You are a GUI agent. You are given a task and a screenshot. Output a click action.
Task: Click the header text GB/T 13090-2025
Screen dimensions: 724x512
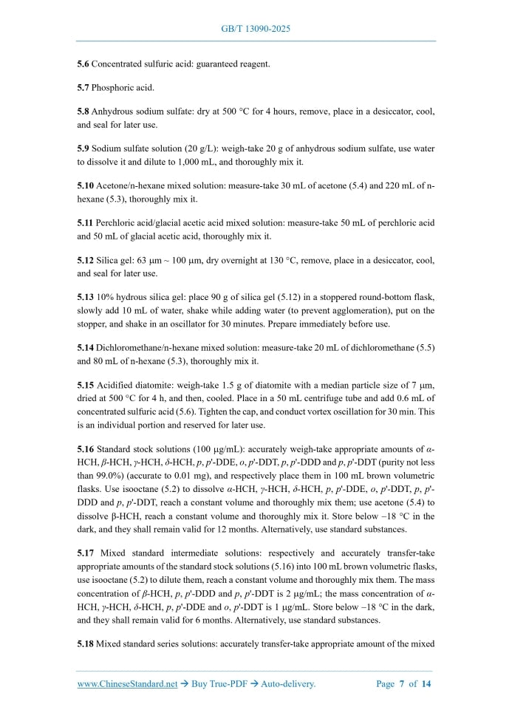point(256,29)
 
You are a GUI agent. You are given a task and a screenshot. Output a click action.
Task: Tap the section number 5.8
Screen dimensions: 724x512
point(83,112)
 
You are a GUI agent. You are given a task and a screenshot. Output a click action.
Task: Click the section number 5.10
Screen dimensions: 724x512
point(86,186)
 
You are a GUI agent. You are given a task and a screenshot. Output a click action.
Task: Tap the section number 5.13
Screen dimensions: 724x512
point(86,298)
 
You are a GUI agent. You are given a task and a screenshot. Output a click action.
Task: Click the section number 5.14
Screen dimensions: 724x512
point(86,349)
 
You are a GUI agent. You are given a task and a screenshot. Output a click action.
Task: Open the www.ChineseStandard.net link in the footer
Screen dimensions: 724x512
point(127,684)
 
